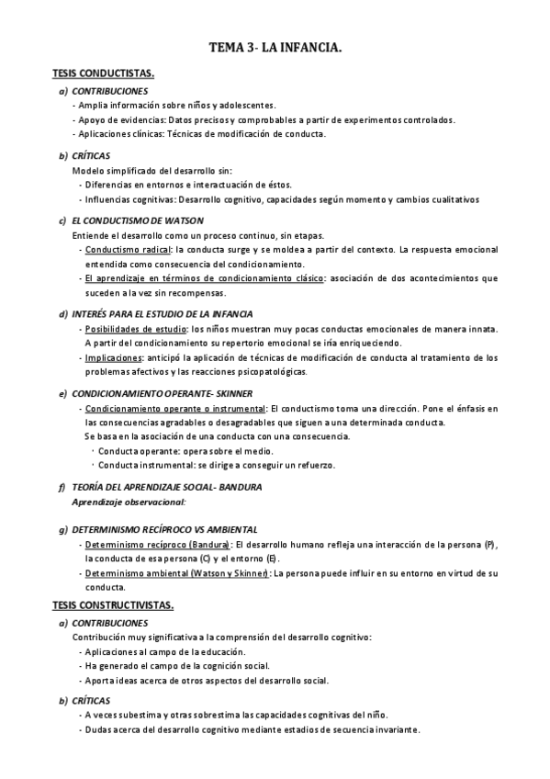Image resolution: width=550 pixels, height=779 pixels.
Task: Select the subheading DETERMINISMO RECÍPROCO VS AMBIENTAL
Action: tap(164, 530)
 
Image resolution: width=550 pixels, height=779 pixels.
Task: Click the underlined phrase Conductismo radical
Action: tap(128, 250)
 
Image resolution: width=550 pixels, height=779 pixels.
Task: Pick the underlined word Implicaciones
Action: tap(113, 357)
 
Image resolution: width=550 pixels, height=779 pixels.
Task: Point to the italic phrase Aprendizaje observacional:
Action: tap(129, 502)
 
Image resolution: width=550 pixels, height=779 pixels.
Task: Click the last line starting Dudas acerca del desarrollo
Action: tap(251, 729)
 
